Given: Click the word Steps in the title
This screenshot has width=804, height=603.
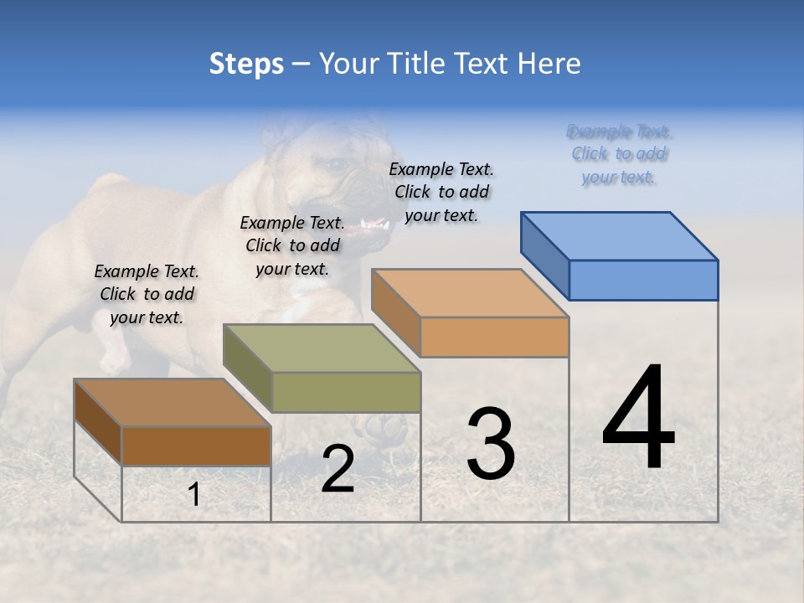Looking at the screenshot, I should (x=246, y=64).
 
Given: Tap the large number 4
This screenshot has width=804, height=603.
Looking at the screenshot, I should (x=638, y=419).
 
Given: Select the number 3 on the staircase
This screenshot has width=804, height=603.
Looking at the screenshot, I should (x=491, y=444).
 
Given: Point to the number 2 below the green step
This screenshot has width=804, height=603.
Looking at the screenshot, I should (x=338, y=469).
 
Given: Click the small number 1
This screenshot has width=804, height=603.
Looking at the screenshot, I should (x=194, y=495).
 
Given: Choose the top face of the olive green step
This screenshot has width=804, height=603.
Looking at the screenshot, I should (x=322, y=348).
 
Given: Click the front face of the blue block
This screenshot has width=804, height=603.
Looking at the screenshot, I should (x=643, y=280).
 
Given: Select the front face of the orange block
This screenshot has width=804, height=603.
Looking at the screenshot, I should (x=494, y=337).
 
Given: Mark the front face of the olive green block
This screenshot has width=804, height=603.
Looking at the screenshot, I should (x=346, y=392).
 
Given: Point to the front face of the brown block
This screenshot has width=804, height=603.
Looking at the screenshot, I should (x=197, y=446).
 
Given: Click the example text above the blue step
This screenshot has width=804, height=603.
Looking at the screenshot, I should (x=620, y=154).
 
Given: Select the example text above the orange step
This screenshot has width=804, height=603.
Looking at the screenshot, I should (x=441, y=192).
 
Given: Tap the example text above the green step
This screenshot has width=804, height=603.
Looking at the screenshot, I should (x=292, y=245).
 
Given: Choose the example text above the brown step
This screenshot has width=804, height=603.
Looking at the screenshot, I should (x=147, y=294).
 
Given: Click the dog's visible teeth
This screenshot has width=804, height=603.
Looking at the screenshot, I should (x=374, y=225).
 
